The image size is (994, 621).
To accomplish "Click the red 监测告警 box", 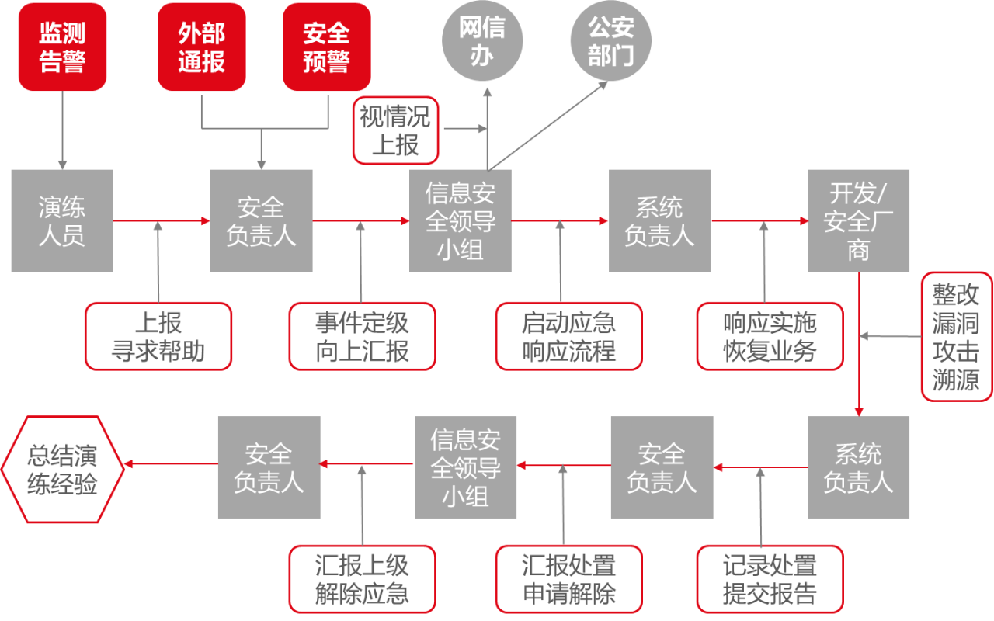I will (62, 47).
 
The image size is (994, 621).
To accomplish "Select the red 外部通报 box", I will (202, 47).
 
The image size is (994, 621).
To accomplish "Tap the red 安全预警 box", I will (326, 47).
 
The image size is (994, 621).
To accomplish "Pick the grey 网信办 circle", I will (482, 40).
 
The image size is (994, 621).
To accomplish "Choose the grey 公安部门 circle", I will (610, 40).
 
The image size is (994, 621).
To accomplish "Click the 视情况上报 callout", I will (395, 130).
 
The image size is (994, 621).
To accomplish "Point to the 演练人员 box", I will (62, 221).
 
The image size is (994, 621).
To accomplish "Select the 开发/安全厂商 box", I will (858, 221).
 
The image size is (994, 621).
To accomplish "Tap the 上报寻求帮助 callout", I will (158, 336).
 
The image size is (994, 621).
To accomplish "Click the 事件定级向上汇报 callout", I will (362, 336).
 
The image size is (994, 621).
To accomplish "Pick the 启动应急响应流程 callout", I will (568, 336).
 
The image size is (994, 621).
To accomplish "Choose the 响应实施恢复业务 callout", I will (770, 336).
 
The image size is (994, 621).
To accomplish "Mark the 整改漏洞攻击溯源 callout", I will (956, 336).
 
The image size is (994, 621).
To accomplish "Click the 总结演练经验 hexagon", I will (62, 468).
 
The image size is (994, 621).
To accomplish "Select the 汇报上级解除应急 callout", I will (362, 579).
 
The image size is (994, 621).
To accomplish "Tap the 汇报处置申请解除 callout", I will (568, 579).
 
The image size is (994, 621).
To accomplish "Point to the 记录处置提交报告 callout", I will (770, 579).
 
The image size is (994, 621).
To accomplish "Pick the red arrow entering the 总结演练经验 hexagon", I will (171, 464).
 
